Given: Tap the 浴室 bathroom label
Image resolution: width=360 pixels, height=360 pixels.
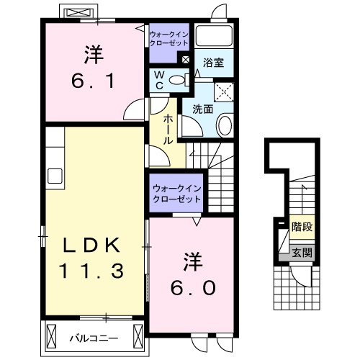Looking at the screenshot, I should [214, 63].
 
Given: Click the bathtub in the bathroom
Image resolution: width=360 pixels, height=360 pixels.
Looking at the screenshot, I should [215, 38].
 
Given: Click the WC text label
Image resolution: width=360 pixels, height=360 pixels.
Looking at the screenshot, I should [161, 80].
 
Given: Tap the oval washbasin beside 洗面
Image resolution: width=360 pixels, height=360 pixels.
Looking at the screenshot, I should [223, 127].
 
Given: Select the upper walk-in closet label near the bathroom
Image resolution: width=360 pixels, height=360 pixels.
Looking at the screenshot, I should [168, 38].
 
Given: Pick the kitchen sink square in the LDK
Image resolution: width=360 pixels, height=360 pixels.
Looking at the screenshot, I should [55, 176].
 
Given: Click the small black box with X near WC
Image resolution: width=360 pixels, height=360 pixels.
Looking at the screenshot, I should [187, 61].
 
